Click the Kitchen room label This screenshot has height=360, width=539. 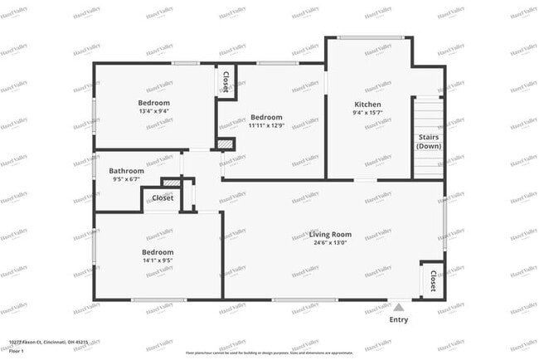(x=367, y=104)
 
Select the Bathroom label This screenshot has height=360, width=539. (x=126, y=171)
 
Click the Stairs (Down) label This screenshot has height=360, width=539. (x=429, y=142)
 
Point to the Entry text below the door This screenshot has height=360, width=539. (x=399, y=319)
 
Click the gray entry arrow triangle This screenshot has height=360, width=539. (x=399, y=306)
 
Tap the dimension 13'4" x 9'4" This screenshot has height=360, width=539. (x=154, y=111)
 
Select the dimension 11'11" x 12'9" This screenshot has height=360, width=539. (x=266, y=126)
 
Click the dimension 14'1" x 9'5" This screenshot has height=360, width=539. (x=157, y=260)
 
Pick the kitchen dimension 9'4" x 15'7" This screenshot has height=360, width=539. (x=367, y=113)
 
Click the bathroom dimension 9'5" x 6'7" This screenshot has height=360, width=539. (x=126, y=179)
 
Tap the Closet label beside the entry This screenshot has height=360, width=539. (x=432, y=282)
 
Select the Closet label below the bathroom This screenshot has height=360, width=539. (x=163, y=198)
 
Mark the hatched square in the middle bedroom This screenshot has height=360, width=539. (x=224, y=144)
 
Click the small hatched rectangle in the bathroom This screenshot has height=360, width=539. (x=171, y=182)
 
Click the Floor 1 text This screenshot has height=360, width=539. (x=17, y=350)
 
